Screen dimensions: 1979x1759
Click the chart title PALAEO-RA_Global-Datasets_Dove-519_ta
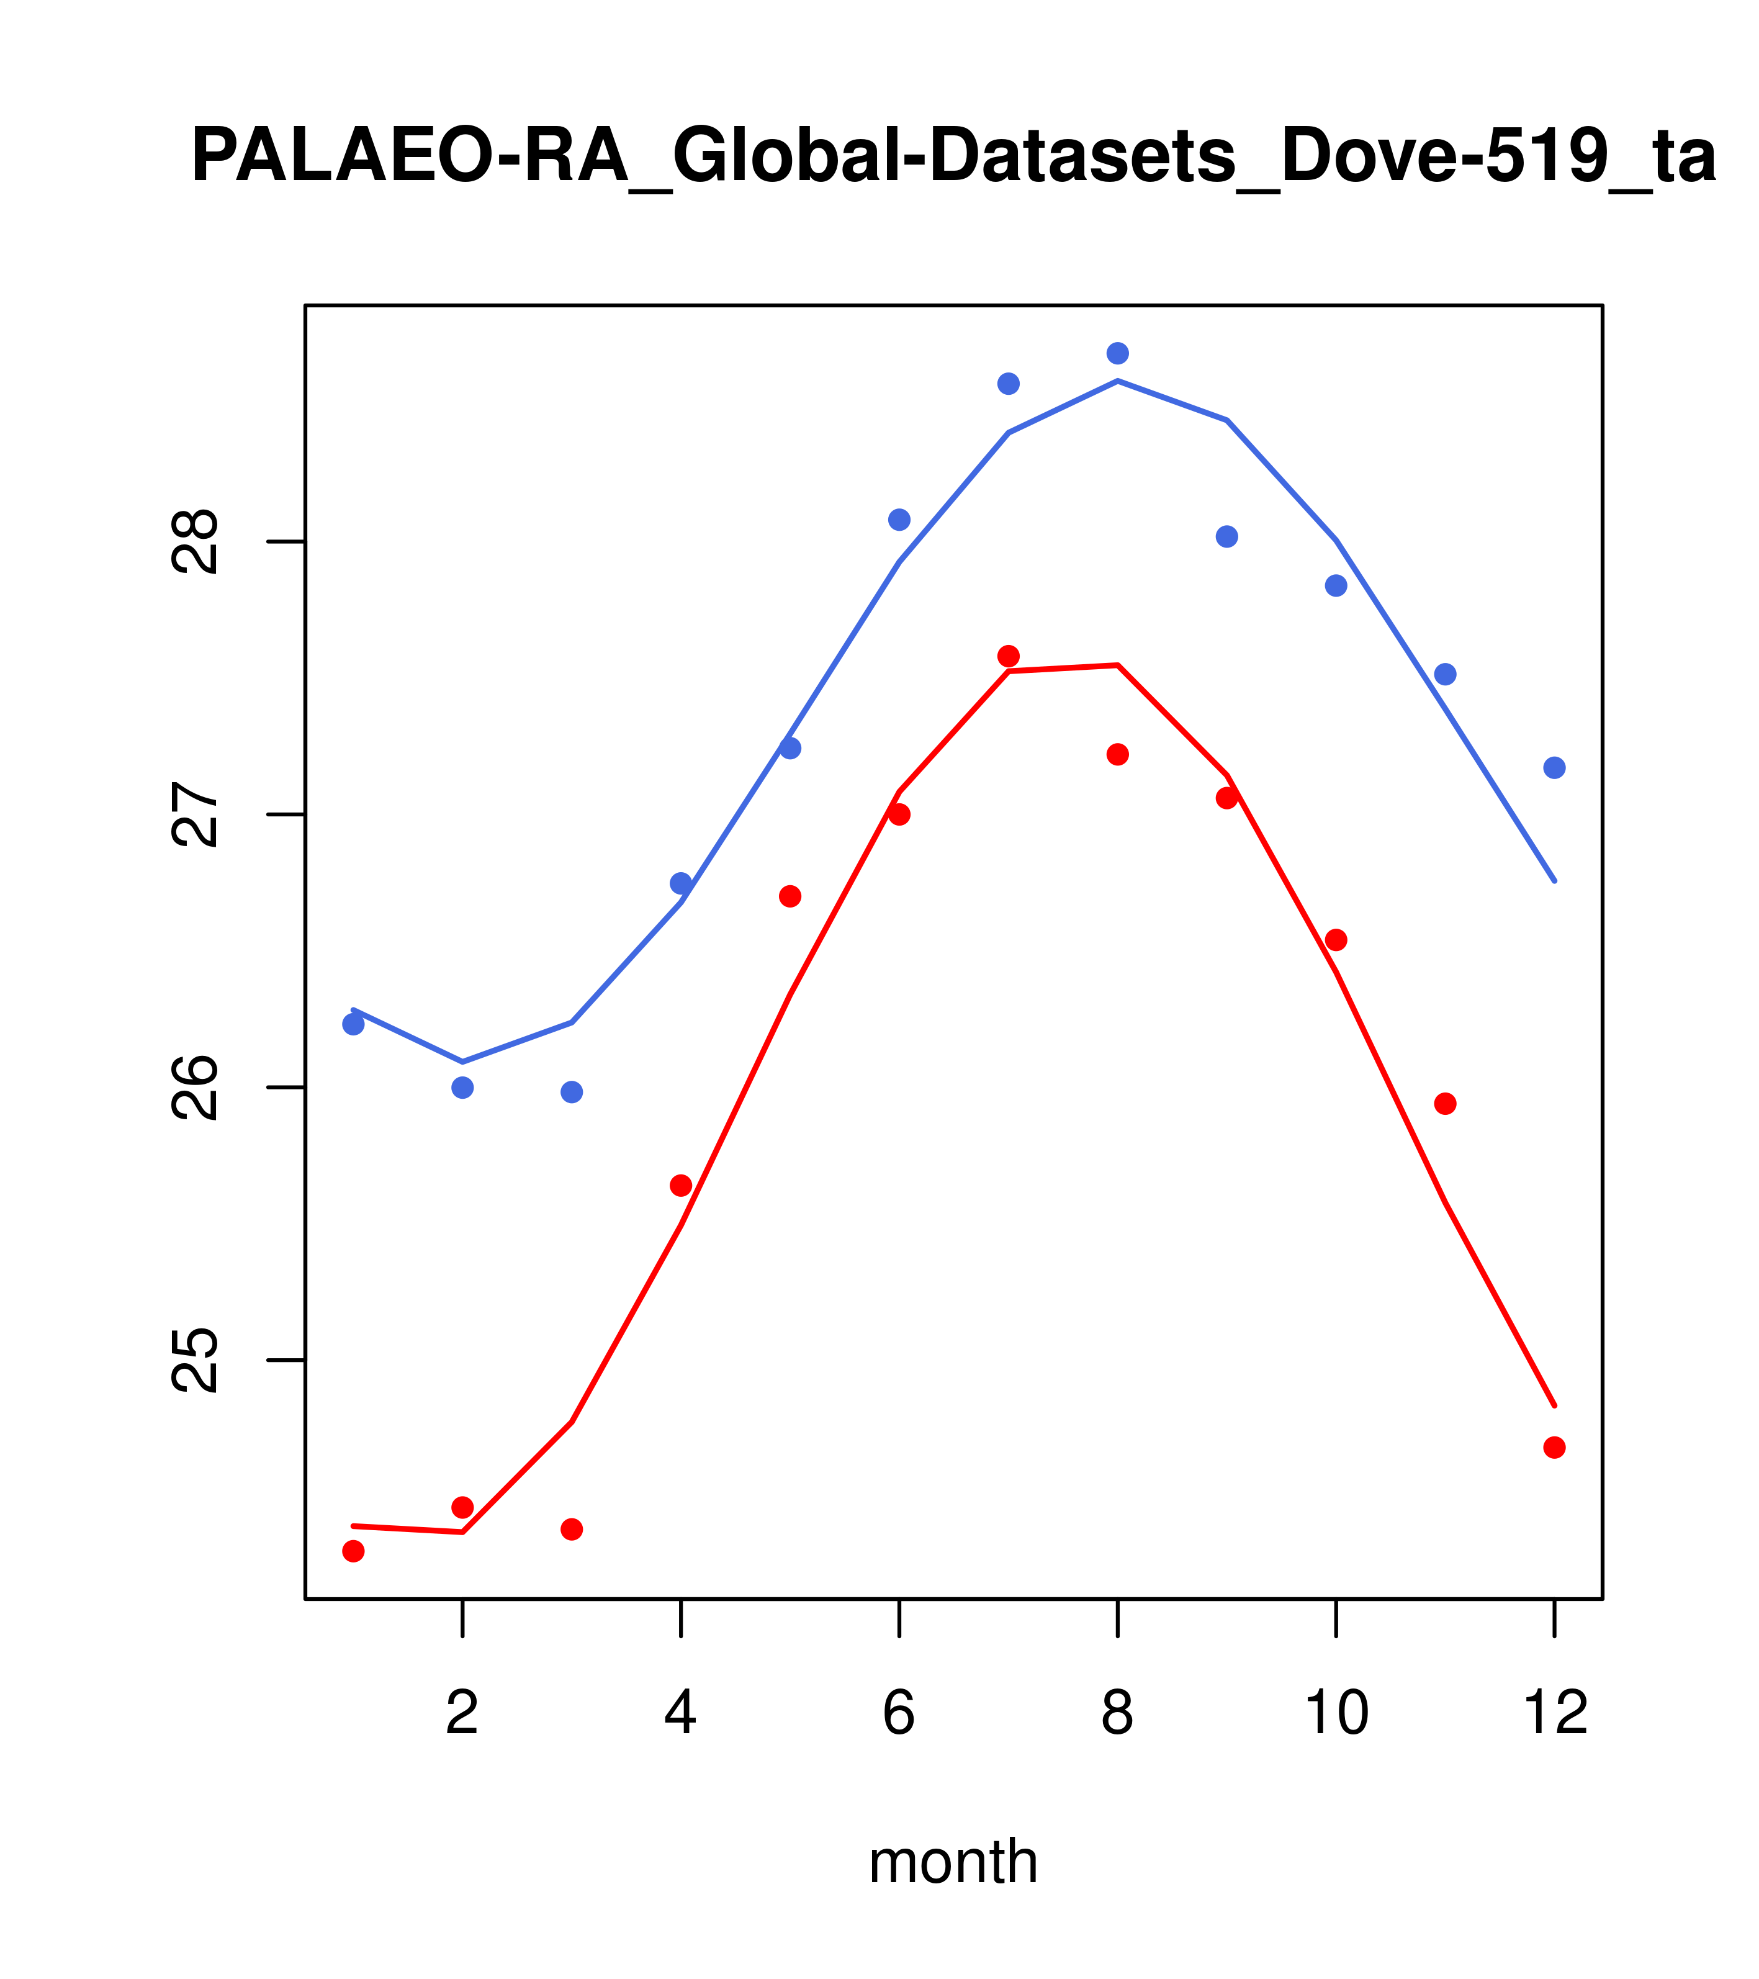[953, 157]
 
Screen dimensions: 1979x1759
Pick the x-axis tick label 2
[463, 1714]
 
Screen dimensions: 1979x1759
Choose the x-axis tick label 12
[1555, 1714]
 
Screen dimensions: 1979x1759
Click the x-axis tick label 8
[1117, 1714]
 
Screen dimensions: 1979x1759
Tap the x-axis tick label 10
[1336, 1714]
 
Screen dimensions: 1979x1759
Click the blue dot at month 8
[1117, 353]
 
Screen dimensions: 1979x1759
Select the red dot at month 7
[1008, 656]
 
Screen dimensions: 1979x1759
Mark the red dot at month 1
[353, 1551]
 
